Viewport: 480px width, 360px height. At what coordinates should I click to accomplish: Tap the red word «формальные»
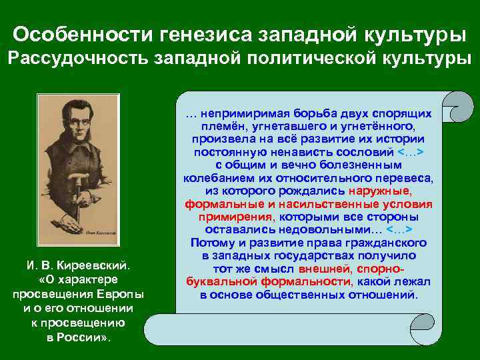click(x=215, y=204)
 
